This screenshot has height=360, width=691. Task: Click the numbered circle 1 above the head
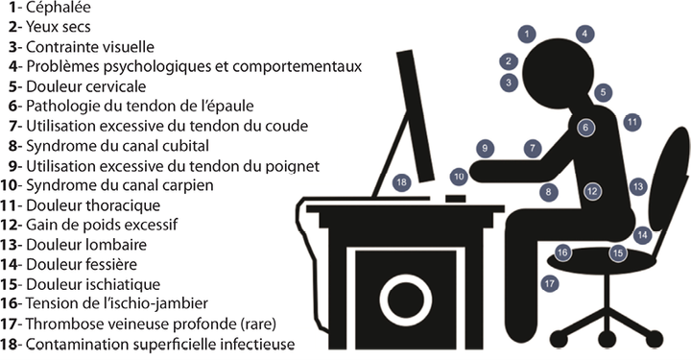(x=527, y=34)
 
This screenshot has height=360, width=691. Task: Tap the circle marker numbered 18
(x=401, y=182)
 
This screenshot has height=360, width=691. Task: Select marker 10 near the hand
(x=459, y=177)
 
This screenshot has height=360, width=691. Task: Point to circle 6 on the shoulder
(x=585, y=128)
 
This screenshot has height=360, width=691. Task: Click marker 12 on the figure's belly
(x=592, y=191)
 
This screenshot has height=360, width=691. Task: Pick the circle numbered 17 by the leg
(x=550, y=283)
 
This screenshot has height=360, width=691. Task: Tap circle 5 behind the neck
(x=603, y=92)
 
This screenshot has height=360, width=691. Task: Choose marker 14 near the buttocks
(x=642, y=235)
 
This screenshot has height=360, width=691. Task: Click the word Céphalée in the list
(x=59, y=8)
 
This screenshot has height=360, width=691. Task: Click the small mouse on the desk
(x=456, y=199)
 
